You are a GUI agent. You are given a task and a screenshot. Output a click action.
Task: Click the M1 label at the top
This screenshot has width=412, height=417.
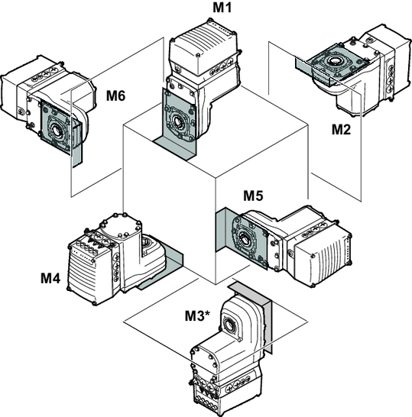coord(222,7)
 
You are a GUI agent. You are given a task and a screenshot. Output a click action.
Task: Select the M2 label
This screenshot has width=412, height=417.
coord(341,130)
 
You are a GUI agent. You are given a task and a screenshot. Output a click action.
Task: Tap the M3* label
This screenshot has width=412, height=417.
coord(197,315)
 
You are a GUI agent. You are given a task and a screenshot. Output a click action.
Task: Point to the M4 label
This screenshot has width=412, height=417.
coord(50,279)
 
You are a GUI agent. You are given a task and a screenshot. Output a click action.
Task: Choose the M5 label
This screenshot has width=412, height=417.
coord(253,196)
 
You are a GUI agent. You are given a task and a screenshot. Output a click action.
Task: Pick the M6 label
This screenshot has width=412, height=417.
coord(115,95)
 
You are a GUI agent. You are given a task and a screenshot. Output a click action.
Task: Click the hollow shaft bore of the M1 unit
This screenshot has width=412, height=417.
coord(177,121)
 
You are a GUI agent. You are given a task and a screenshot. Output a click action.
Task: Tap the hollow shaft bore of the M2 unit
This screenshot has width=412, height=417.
coord(334,61)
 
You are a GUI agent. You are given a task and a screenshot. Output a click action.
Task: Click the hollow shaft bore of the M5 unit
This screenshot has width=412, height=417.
coord(244,238)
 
